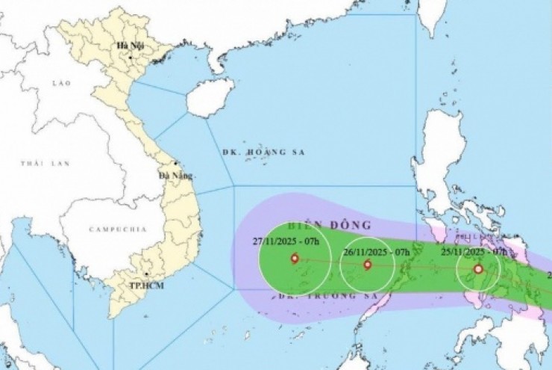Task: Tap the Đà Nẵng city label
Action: point(175,176)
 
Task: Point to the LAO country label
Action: point(61,83)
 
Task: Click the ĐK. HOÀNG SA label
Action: point(264,152)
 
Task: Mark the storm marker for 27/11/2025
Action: point(294,259)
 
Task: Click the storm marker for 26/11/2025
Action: point(367,265)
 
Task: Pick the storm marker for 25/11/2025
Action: point(478,269)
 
